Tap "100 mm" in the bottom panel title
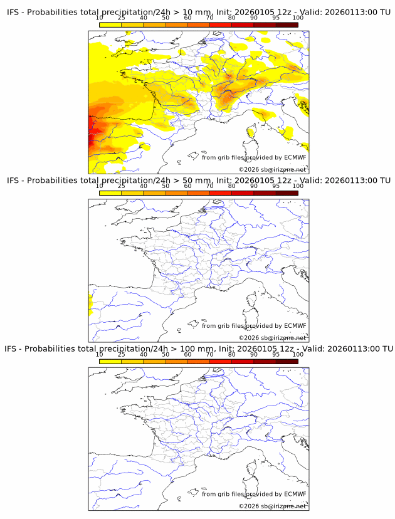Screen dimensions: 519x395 point(199,349)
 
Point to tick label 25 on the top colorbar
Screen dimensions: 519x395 point(122,18)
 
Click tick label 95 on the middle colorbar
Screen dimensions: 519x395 point(276,186)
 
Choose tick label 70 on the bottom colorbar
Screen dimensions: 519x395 point(209,354)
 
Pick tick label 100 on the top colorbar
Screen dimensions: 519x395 point(298,18)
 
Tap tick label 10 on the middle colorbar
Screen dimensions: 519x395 point(100,186)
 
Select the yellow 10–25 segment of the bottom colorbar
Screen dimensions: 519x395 point(110,361)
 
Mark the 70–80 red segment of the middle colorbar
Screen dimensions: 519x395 point(221,193)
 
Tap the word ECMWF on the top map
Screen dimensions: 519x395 point(295,157)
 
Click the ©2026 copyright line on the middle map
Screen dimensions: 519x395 point(272,338)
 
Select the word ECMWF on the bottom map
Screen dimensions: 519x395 point(295,494)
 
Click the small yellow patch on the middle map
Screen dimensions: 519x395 point(90,306)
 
